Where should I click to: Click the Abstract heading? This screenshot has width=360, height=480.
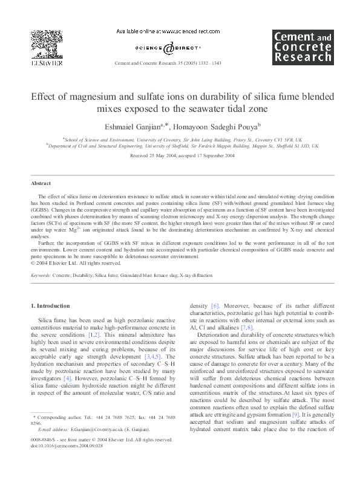[41, 183]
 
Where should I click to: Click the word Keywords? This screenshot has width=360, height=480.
[41, 274]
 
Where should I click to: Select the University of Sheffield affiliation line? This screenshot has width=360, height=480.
[182, 145]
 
